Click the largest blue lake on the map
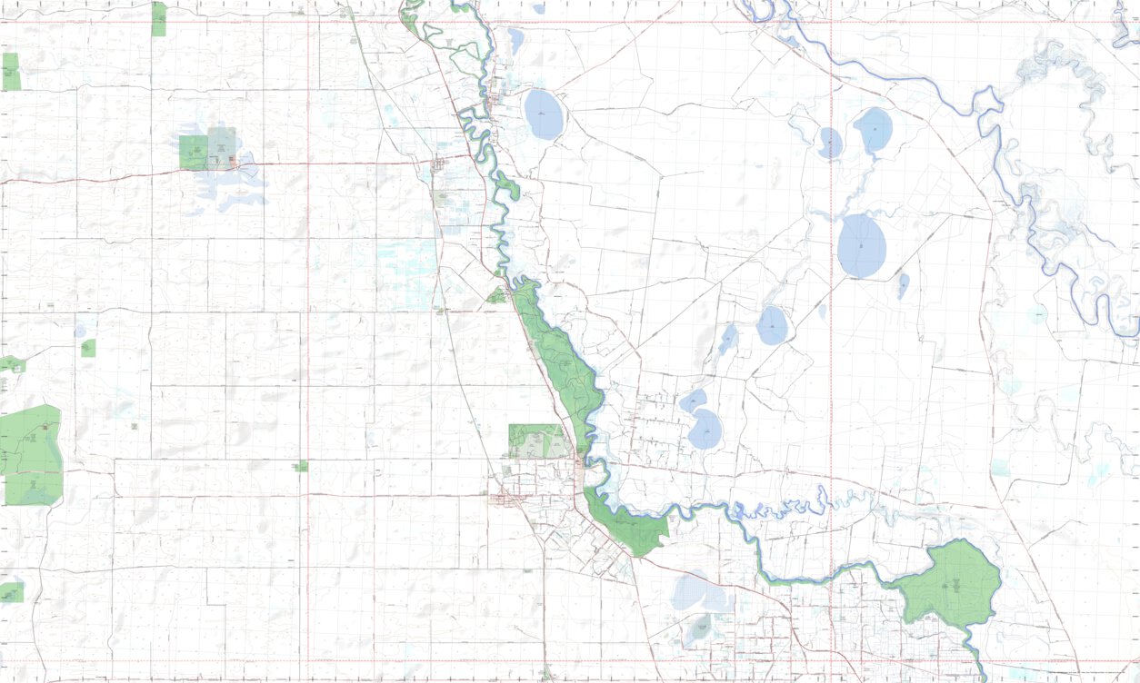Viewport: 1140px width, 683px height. tap(861, 245)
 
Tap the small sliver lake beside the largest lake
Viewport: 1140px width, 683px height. tap(903, 285)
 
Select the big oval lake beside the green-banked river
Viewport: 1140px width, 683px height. tap(544, 114)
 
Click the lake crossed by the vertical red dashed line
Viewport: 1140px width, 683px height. tap(830, 143)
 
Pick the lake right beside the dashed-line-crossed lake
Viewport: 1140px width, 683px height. tap(875, 130)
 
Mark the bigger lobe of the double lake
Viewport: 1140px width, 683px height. tap(705, 430)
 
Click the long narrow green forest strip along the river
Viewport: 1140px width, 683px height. tap(556, 354)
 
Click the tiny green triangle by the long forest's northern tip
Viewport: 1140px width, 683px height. tap(496, 296)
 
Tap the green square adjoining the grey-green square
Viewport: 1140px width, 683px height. tap(193, 153)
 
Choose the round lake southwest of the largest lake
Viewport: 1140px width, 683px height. tap(772, 325)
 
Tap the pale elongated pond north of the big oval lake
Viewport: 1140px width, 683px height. tap(515, 41)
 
